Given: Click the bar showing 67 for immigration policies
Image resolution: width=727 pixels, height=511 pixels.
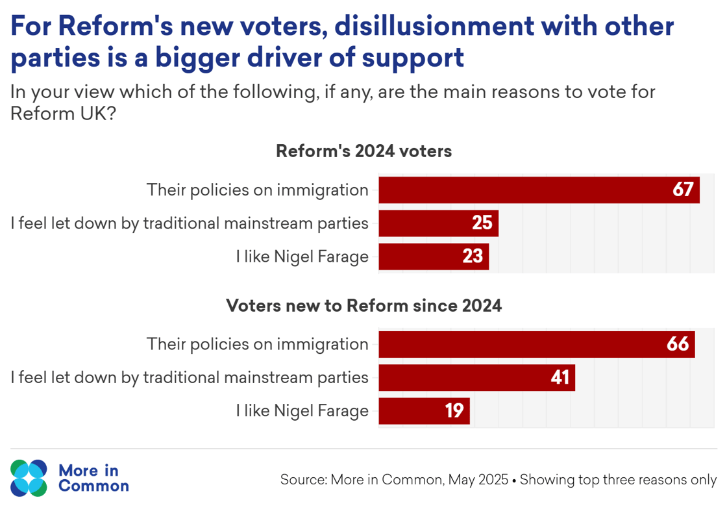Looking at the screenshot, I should (539, 190).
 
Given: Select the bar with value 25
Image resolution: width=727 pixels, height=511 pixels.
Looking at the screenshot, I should (438, 223).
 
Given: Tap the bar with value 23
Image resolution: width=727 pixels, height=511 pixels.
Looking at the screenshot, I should (433, 256).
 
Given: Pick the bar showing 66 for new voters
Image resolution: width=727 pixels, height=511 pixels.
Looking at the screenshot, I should (536, 344).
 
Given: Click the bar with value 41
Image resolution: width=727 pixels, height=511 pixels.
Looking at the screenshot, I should (476, 377).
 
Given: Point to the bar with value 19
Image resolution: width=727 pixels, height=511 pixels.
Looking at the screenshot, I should (423, 411).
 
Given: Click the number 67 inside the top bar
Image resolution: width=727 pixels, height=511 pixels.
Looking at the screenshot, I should (684, 190).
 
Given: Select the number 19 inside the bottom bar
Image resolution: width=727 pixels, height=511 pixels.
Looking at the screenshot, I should (454, 411).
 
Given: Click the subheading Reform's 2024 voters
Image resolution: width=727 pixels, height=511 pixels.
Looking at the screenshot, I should (363, 151).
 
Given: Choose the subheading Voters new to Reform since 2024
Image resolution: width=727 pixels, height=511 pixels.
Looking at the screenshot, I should (363, 305).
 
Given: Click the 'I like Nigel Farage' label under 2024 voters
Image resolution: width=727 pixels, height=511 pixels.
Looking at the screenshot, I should (302, 256).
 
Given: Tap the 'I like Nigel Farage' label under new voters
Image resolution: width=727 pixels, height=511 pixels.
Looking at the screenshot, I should (302, 411).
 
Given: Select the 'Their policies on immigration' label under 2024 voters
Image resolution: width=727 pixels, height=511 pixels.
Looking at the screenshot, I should (258, 190).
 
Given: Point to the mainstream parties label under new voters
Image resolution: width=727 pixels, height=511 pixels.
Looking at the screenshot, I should (190, 377).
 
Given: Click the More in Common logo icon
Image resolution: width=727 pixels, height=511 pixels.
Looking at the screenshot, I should (29, 479).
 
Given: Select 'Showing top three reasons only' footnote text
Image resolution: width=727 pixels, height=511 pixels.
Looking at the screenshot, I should (618, 480).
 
